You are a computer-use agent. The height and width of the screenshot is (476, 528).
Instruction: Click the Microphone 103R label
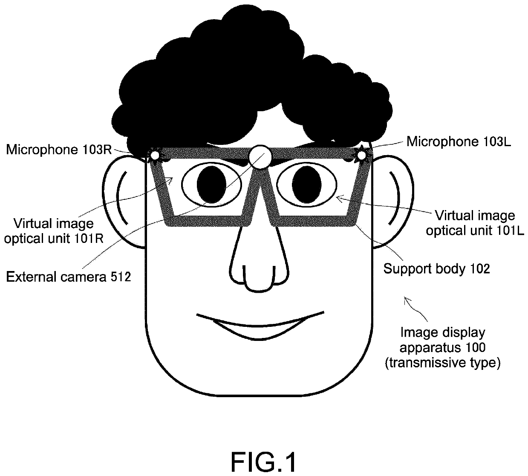59,150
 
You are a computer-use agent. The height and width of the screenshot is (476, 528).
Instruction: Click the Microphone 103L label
459,141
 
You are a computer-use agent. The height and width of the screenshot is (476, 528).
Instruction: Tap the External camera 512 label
68,277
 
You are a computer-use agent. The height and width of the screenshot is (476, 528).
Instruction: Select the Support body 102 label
436,268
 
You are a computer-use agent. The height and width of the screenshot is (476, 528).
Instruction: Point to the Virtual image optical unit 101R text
54,231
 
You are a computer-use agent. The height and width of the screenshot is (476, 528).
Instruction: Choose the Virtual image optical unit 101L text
474,223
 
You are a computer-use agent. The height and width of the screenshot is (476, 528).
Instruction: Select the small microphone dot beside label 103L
361,156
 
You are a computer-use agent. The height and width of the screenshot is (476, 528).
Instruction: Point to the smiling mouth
260,326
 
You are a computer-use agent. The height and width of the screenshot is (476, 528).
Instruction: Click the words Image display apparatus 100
442,340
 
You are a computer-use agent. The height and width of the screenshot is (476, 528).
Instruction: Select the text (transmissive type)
442,363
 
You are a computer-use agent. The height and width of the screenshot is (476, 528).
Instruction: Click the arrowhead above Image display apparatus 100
407,300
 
